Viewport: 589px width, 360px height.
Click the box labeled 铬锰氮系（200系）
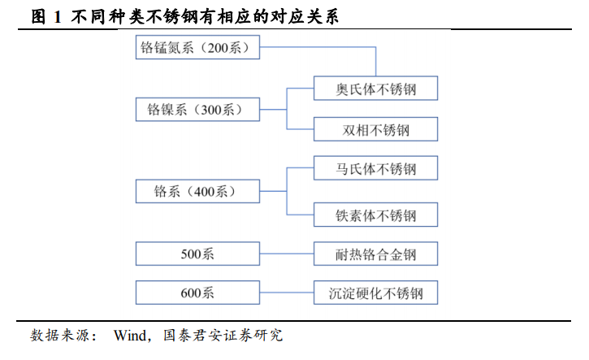click(x=197, y=47)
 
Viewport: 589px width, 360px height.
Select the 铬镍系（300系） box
click(x=197, y=110)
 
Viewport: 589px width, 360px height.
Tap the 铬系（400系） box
click(x=197, y=191)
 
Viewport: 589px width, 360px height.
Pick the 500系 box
click(x=197, y=254)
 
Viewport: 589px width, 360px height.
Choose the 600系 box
click(x=197, y=293)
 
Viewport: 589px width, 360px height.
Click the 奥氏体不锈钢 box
click(x=375, y=89)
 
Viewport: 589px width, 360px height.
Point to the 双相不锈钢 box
click(x=375, y=129)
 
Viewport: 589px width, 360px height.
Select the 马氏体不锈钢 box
click(x=375, y=168)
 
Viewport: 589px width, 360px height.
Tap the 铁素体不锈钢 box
click(x=375, y=215)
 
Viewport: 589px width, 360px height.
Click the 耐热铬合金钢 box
click(x=375, y=254)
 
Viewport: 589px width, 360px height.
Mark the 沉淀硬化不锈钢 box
click(x=375, y=293)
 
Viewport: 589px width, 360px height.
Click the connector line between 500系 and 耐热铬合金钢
click(x=287, y=254)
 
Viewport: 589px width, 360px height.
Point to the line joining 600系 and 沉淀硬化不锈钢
click(x=287, y=293)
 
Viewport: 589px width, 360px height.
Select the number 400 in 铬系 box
click(x=205, y=192)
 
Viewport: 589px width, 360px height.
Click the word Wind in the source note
click(x=130, y=335)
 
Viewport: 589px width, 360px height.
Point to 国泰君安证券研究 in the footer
click(x=223, y=335)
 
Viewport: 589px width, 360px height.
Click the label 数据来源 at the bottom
click(x=60, y=335)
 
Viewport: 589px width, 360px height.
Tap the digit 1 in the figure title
click(x=58, y=17)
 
